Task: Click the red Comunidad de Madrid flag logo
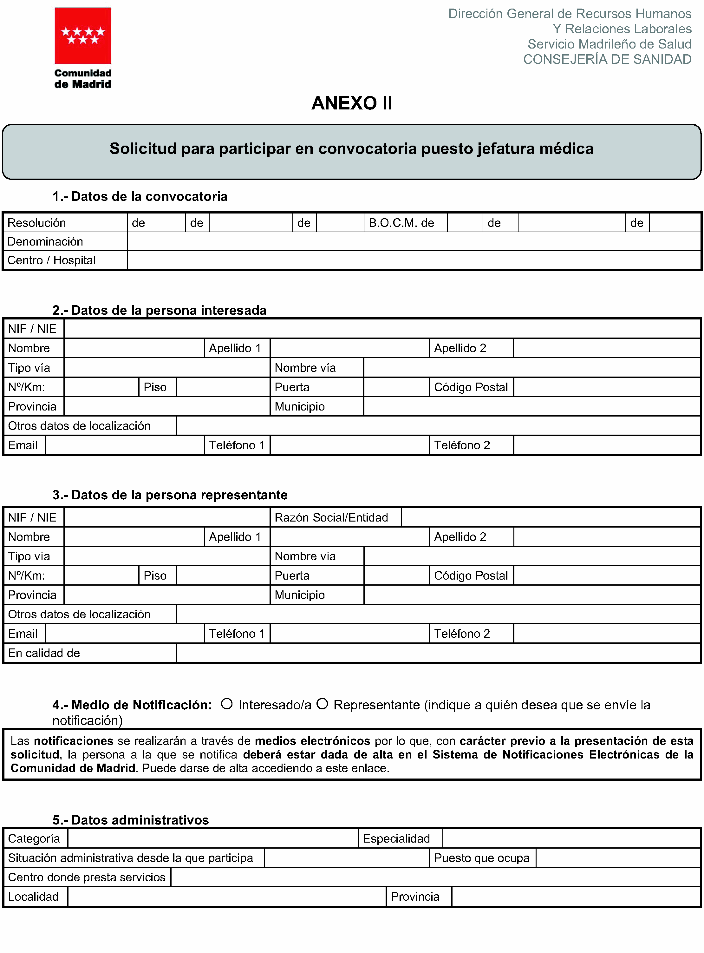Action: pyautogui.click(x=83, y=36)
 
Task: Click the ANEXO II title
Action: pyautogui.click(x=352, y=103)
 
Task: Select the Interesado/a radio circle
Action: pyautogui.click(x=227, y=704)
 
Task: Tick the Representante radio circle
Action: pyautogui.click(x=322, y=704)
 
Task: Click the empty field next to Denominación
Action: pyautogui.click(x=414, y=242)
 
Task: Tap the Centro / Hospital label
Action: pyautogui.click(x=52, y=260)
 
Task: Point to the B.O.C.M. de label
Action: pyautogui.click(x=401, y=223)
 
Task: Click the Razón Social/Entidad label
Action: pyautogui.click(x=331, y=517)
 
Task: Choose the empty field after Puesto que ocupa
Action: pyautogui.click(x=618, y=858)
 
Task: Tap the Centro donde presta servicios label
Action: pyautogui.click(x=87, y=877)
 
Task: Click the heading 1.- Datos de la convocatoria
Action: pyautogui.click(x=140, y=196)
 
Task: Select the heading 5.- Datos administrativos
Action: pyautogui.click(x=130, y=820)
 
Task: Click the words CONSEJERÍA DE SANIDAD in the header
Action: pyautogui.click(x=607, y=59)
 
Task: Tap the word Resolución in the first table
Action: pyautogui.click(x=37, y=223)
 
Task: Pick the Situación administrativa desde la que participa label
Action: pyautogui.click(x=130, y=858)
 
